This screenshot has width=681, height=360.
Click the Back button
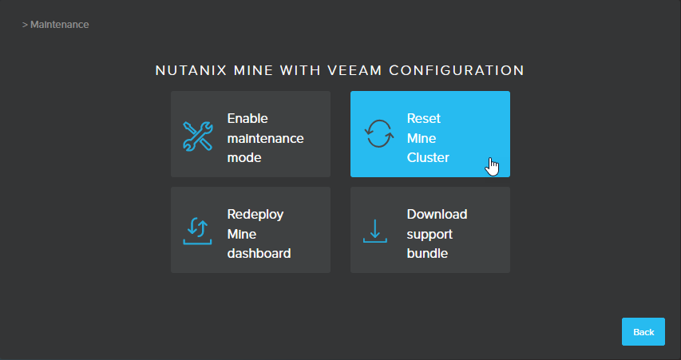[x=643, y=332]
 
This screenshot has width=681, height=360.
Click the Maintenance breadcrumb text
[x=60, y=25]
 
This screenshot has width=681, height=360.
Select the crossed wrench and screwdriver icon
[x=198, y=136]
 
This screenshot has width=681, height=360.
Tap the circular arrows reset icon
[x=379, y=134]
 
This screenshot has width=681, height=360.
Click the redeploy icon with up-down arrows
[x=198, y=231]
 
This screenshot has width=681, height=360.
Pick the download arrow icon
[x=374, y=231]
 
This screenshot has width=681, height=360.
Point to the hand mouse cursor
[x=492, y=167]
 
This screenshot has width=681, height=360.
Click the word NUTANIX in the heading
[x=191, y=70]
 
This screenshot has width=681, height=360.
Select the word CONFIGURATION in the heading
[x=457, y=70]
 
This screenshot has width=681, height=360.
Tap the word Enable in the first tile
[x=247, y=119]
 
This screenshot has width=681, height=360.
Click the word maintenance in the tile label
[x=265, y=139]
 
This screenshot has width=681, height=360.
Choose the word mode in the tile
[x=244, y=157]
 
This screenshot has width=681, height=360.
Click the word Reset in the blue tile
[x=424, y=119]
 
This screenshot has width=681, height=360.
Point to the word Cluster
[x=428, y=157]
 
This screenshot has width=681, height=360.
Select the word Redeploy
[x=255, y=215]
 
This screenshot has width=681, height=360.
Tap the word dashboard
[x=259, y=253]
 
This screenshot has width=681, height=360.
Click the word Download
[x=437, y=215]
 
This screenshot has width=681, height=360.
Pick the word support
[x=430, y=235]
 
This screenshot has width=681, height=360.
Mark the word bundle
[x=427, y=253]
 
